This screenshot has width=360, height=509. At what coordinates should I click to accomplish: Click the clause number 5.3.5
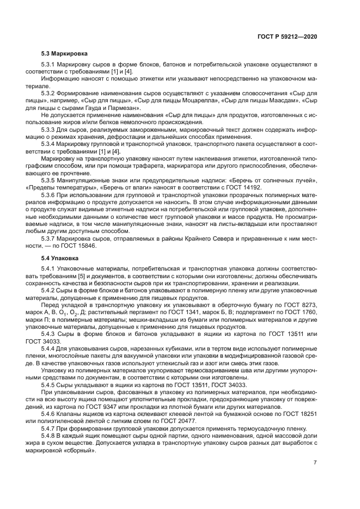[50, 179]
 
